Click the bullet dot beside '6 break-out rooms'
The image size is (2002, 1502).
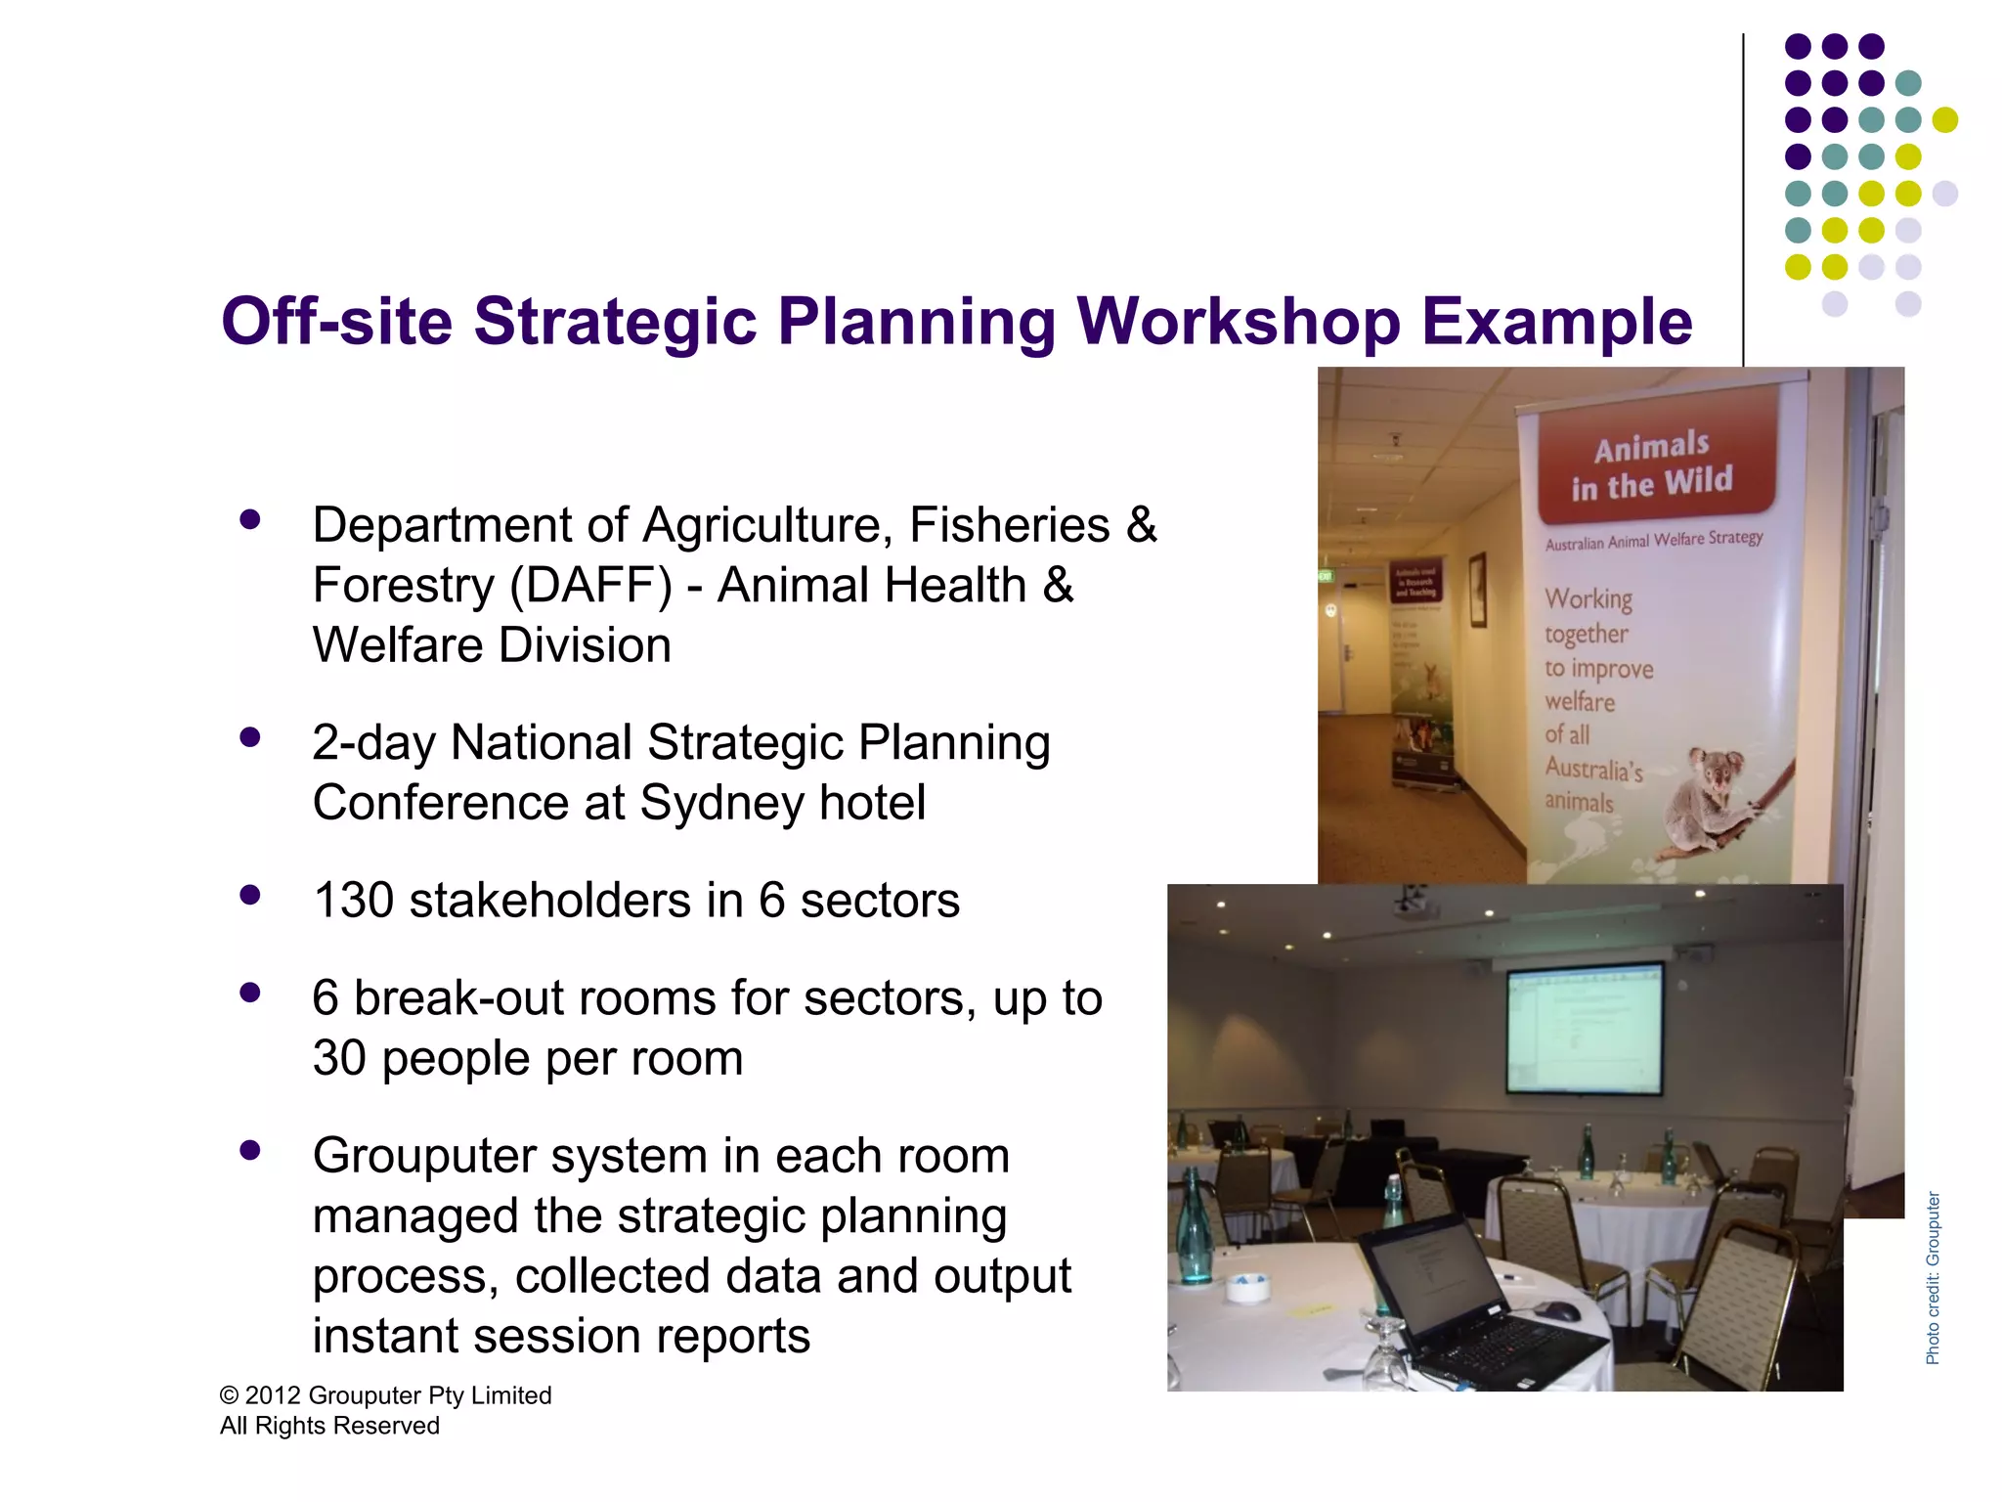250,994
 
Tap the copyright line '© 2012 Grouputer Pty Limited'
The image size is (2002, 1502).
385,1395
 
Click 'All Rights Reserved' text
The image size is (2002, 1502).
329,1426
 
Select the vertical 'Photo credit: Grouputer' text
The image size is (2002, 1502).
1933,1278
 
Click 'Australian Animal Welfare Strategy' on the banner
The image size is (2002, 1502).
1653,540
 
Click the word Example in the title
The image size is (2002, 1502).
1556,322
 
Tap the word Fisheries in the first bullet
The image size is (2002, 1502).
1009,525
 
